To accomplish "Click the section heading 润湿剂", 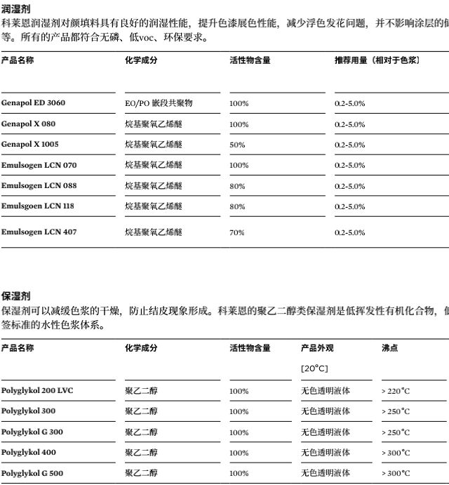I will pos(16,9).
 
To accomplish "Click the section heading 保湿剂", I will pos(16,296).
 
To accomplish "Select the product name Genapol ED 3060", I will pos(33,103).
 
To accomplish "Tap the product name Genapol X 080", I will pos(28,124).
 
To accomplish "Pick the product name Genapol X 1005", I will pos(30,145).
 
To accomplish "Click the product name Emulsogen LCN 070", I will pos(39,166).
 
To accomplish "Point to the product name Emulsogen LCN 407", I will pos(39,232).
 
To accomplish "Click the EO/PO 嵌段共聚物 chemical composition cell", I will pos(159,103).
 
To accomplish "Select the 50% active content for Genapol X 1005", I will pos(237,145).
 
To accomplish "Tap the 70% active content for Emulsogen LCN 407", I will pos(237,233).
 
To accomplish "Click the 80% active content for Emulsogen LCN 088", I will pos(237,187).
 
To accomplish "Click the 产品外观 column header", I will pos(317,348).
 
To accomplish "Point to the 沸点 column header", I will pos(389,348).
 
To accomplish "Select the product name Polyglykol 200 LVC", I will pos(36,391).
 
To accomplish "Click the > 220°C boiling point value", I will pos(396,392).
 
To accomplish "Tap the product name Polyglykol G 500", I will pos(32,473).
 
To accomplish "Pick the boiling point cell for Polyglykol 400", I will pos(396,453).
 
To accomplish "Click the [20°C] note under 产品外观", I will pos(314,368).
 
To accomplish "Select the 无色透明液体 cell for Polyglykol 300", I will pos(326,412).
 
